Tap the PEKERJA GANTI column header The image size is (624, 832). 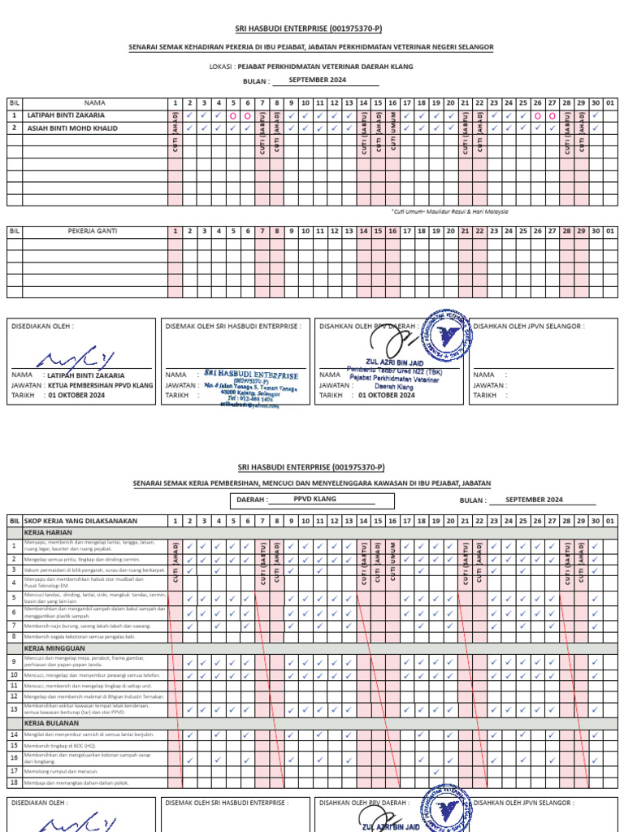pyautogui.click(x=95, y=232)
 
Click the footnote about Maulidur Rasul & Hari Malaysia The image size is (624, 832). pyautogui.click(x=449, y=211)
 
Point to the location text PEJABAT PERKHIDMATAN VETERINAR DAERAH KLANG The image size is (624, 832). pyautogui.click(x=325, y=67)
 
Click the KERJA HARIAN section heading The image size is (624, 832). pyautogui.click(x=45, y=532)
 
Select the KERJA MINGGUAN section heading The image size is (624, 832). pyautogui.click(x=49, y=648)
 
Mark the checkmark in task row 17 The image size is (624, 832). pyautogui.click(x=436, y=771)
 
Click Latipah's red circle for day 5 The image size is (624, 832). pyautogui.click(x=233, y=116)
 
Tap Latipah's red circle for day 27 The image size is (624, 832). pyautogui.click(x=552, y=116)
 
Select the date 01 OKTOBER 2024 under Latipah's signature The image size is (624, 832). pyautogui.click(x=76, y=395)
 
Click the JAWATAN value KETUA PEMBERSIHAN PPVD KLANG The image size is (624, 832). pyautogui.click(x=100, y=385)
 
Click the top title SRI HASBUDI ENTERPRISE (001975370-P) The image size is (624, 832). pyautogui.click(x=311, y=29)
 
